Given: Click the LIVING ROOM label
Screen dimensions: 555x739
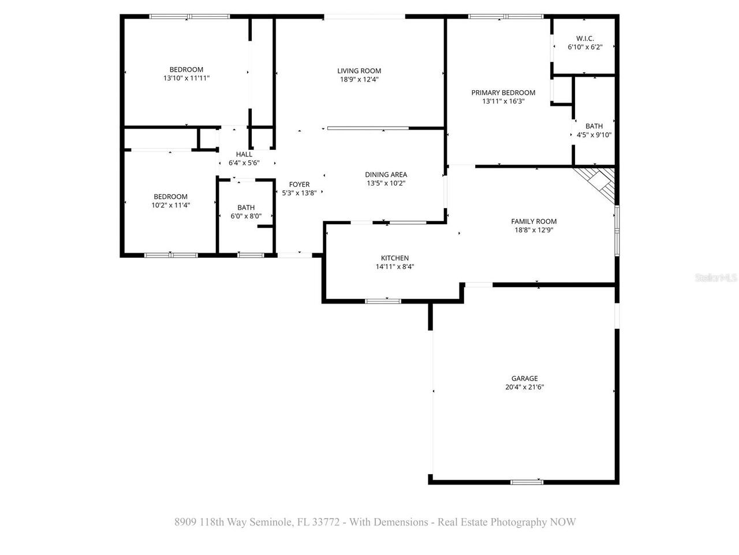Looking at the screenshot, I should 359,71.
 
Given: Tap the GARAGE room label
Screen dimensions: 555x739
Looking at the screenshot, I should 524,379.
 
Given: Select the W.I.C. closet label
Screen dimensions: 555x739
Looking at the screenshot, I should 585,38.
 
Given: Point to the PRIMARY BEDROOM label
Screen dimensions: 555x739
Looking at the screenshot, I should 503,92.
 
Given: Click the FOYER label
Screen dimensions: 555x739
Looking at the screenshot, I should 299,184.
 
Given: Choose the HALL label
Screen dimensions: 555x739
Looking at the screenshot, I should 244,154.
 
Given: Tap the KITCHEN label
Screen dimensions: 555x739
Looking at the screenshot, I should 394,258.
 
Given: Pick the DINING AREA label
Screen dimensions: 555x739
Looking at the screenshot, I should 386,175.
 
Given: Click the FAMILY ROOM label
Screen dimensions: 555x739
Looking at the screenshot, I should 533,221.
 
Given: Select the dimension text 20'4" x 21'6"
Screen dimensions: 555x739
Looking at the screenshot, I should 524,388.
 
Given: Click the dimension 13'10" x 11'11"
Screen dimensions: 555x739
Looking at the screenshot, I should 186,78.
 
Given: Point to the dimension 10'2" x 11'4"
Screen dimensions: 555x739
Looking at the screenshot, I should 170,205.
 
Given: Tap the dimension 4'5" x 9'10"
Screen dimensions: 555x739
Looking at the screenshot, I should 594,135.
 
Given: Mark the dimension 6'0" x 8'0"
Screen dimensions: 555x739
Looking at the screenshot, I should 245,216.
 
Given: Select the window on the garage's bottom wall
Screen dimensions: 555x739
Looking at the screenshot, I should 527,482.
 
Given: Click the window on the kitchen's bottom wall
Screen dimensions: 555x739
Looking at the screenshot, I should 383,301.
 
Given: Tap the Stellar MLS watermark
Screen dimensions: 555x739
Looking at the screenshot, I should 716,278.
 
